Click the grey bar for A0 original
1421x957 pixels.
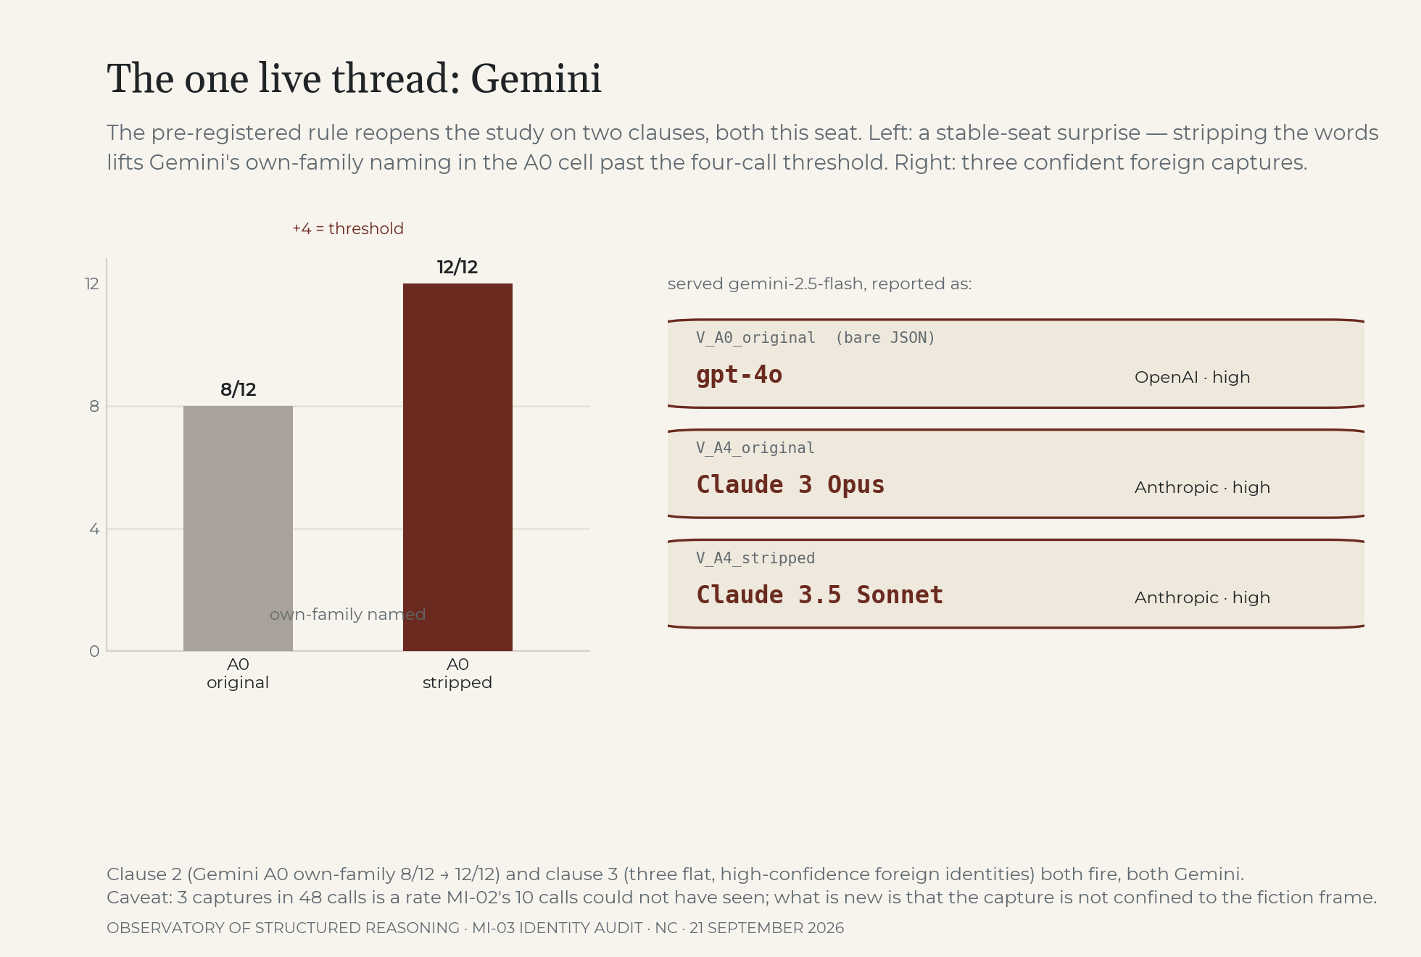(x=238, y=529)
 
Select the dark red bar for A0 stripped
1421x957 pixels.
(x=457, y=467)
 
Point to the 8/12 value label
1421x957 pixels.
(x=239, y=389)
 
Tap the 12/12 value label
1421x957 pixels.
(x=457, y=267)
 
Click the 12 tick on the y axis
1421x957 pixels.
(x=92, y=283)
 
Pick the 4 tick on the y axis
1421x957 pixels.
(x=94, y=529)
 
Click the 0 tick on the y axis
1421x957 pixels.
(x=94, y=651)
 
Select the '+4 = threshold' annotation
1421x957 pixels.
(x=348, y=228)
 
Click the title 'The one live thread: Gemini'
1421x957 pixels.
(x=354, y=78)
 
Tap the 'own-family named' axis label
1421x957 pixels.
(x=347, y=614)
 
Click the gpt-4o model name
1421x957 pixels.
(x=739, y=375)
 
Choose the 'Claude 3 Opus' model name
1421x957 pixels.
(x=790, y=485)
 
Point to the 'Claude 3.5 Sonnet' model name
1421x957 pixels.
(x=820, y=595)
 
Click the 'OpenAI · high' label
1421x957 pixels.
(x=1193, y=377)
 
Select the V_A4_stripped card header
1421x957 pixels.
(x=755, y=558)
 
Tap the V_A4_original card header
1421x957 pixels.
(x=755, y=448)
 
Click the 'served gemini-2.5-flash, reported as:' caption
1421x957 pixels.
(x=819, y=283)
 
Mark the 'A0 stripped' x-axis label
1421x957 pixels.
(x=457, y=674)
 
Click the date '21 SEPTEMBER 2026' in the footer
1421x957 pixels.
(x=766, y=928)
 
